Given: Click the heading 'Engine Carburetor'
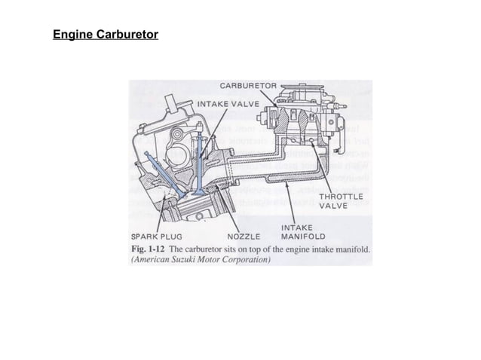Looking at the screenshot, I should coord(105,35).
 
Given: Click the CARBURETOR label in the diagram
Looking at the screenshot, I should coord(249,86).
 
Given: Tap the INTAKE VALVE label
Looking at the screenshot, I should coord(228,102).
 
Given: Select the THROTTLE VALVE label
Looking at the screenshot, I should coord(341,200).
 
